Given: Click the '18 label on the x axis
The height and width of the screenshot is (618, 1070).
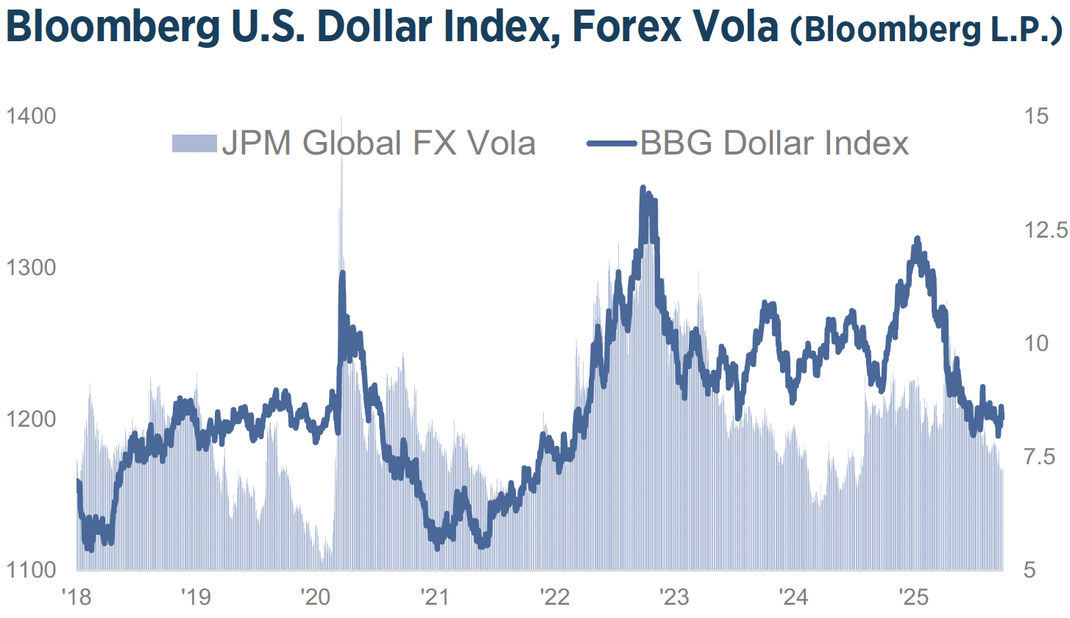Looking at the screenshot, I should click(76, 594).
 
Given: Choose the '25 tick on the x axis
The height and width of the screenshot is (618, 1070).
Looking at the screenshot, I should click(914, 594).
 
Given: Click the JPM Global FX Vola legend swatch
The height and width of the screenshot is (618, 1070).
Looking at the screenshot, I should click(194, 143).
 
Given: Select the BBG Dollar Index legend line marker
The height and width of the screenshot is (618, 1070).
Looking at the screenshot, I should click(612, 143).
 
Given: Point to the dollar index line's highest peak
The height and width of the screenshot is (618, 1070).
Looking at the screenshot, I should click(643, 188).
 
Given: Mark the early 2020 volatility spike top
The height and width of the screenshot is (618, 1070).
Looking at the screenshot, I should click(341, 119).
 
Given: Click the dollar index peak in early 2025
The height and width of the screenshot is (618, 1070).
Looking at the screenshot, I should click(917, 238).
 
